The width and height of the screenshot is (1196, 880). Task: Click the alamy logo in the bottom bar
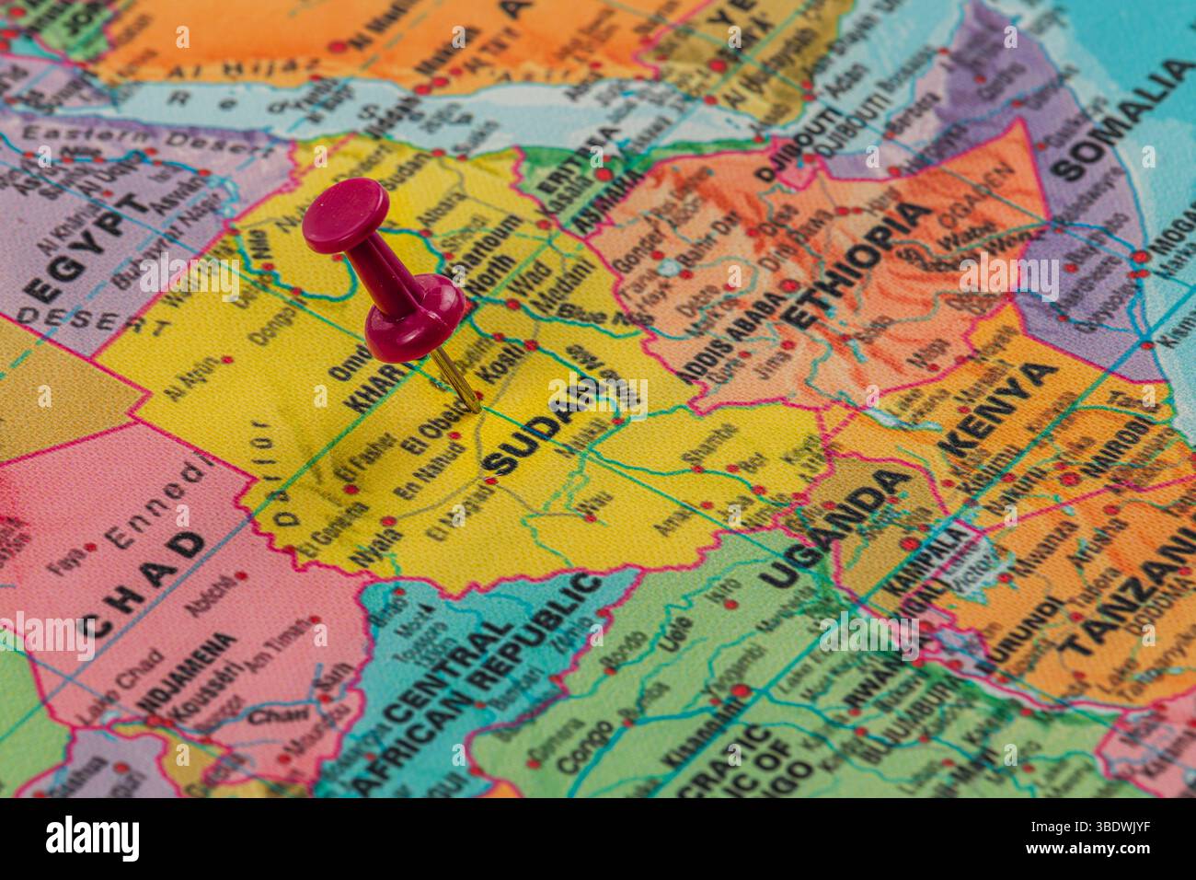click(x=93, y=838)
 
